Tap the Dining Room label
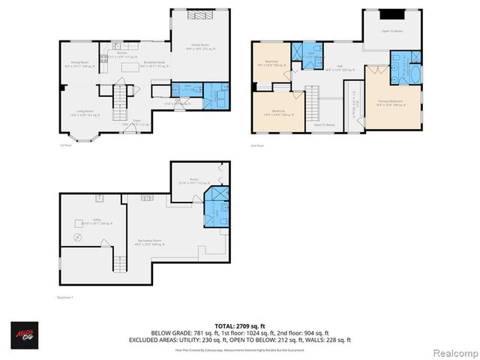pyautogui.click(x=79, y=62)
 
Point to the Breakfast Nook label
pyautogui.click(x=156, y=63)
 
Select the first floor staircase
pyautogui.click(x=121, y=96)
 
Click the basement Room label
pyautogui.click(x=193, y=180)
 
